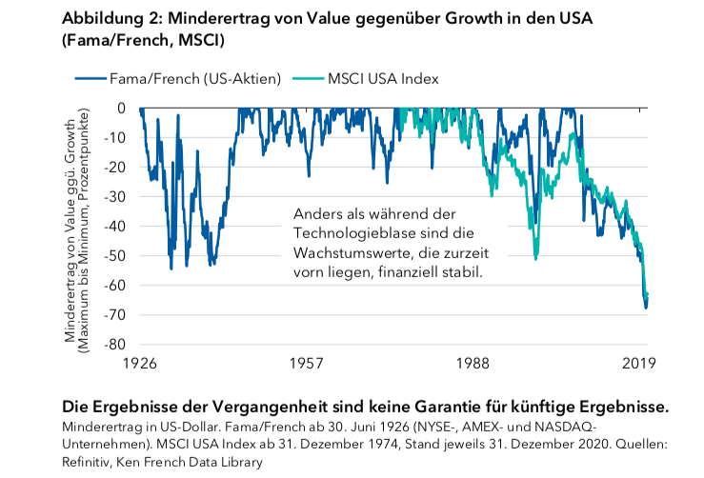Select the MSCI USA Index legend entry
click(x=380, y=79)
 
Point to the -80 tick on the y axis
click(x=118, y=344)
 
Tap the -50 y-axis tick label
click(x=118, y=255)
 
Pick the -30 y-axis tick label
click(x=118, y=196)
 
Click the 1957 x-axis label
click(x=306, y=364)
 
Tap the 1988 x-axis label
click(x=473, y=364)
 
